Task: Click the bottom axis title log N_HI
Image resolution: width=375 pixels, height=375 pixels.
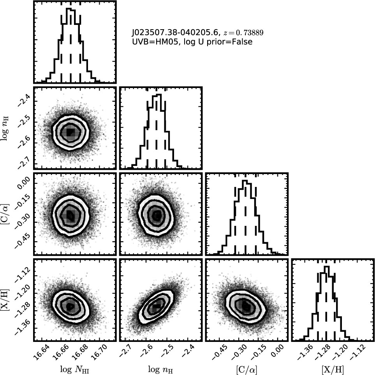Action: [x=74, y=370]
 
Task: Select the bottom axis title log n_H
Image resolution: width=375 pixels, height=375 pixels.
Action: [x=160, y=370]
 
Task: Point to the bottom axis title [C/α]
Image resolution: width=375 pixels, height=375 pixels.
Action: [x=246, y=370]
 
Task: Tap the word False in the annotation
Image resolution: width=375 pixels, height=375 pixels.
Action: [x=242, y=42]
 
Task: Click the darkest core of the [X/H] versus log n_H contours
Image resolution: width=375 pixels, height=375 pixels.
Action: [x=157, y=306]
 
